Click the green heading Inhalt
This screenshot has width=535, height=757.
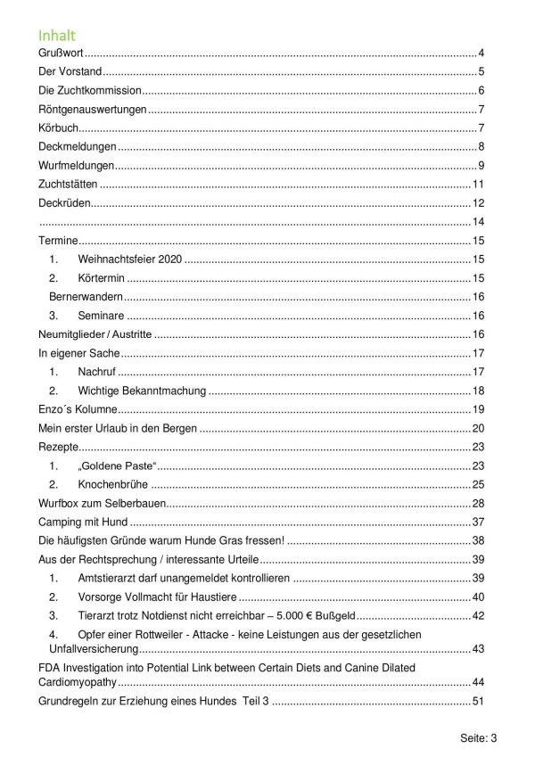[x=56, y=36]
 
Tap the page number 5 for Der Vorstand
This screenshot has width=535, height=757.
[x=481, y=72]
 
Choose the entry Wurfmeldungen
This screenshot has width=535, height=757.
[x=77, y=166]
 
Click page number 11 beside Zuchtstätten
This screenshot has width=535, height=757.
[x=478, y=185]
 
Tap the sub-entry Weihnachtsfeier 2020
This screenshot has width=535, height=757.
[x=129, y=259]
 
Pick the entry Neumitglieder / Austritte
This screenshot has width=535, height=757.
[x=97, y=334]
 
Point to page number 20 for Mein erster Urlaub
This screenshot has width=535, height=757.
[x=478, y=429]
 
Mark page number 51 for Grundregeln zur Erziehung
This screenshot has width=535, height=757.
[x=478, y=702]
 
